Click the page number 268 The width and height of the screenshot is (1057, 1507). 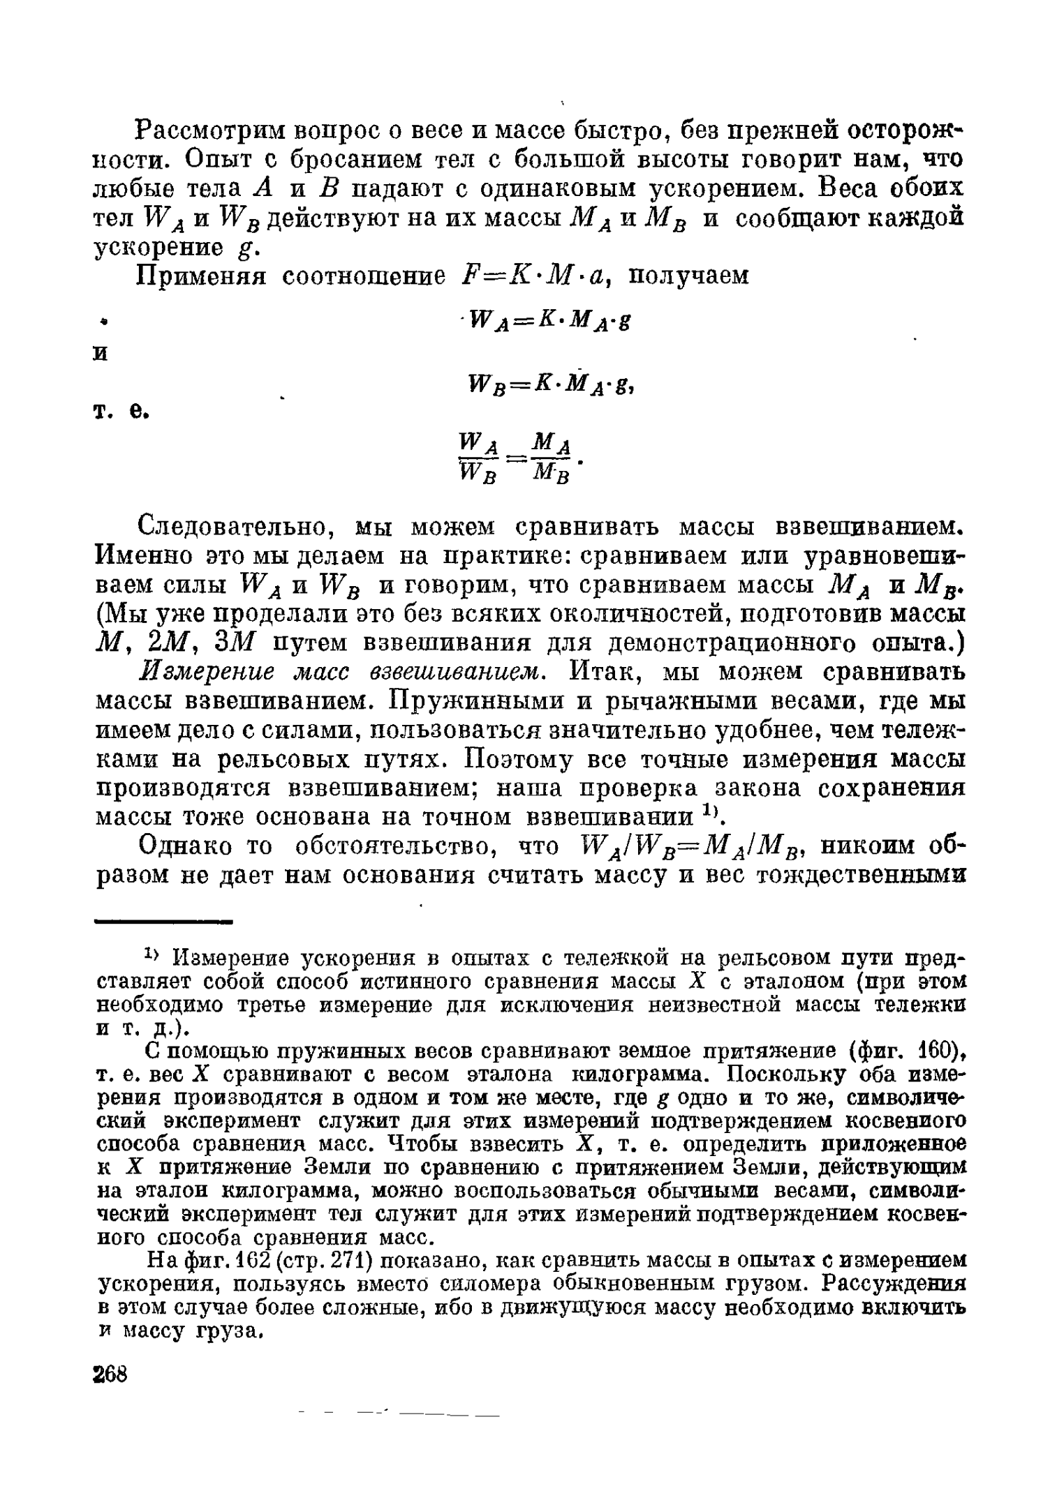point(110,1373)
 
